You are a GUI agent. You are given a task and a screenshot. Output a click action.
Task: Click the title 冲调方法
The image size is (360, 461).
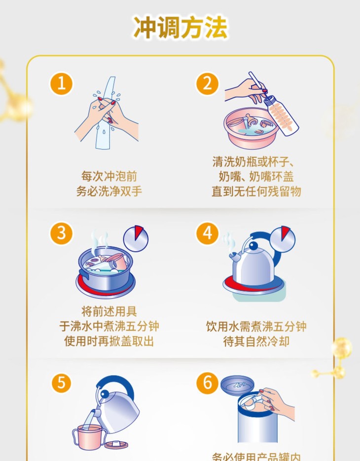(180, 27)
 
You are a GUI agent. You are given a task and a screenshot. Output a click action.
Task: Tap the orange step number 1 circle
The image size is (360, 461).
(61, 83)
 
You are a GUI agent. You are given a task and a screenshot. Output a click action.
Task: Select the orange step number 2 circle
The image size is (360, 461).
(207, 83)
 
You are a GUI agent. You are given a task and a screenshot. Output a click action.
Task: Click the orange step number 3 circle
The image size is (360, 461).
(61, 233)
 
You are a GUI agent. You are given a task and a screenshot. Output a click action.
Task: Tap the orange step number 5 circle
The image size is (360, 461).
(61, 383)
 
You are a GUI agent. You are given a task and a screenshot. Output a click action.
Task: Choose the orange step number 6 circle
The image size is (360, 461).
(207, 383)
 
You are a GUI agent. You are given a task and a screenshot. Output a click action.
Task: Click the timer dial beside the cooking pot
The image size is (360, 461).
(136, 239)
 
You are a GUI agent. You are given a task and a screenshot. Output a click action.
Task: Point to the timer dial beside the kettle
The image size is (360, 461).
(283, 239)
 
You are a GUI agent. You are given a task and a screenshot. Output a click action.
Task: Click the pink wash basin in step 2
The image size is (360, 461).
(251, 128)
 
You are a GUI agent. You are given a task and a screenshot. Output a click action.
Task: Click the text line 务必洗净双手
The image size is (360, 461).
(109, 192)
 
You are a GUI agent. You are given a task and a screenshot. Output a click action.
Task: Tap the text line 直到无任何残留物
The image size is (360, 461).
(256, 192)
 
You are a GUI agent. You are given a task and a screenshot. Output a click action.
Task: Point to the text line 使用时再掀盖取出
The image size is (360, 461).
(109, 342)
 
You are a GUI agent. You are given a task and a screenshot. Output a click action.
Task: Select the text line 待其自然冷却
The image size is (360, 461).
(256, 342)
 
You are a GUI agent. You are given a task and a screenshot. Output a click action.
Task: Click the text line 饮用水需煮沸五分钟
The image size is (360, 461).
(256, 327)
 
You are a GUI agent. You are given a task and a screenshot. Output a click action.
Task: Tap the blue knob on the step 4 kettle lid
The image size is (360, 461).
(253, 245)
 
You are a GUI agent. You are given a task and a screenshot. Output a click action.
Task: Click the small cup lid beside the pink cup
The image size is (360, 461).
(116, 444)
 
